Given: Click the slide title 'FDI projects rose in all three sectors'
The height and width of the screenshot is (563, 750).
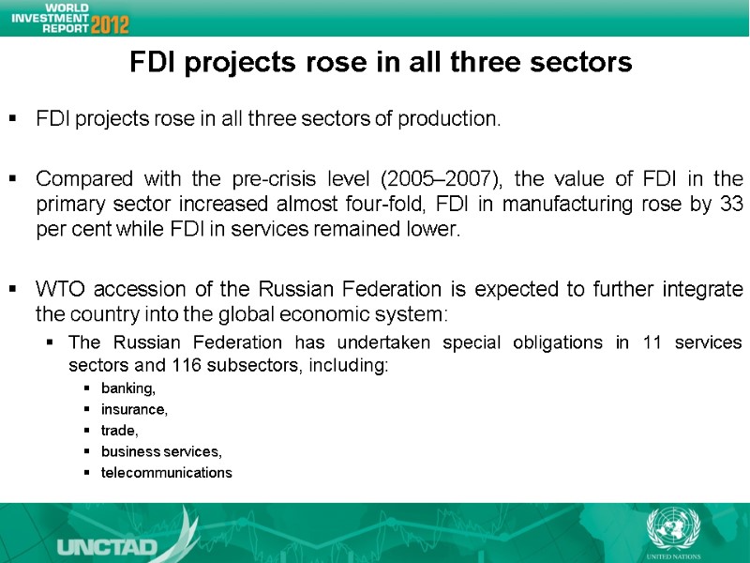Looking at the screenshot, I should [x=381, y=63].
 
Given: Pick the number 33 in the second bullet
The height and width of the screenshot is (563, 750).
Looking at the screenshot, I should [x=730, y=205].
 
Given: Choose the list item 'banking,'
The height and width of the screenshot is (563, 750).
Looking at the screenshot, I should [x=128, y=388].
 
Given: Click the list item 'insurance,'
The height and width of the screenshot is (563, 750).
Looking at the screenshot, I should [x=134, y=409].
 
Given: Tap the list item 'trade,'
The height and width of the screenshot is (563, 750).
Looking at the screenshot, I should [x=119, y=430].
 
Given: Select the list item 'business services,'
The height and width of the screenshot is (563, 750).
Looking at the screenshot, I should [x=161, y=451].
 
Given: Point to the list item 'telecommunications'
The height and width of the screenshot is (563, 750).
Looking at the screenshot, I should [x=166, y=472].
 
